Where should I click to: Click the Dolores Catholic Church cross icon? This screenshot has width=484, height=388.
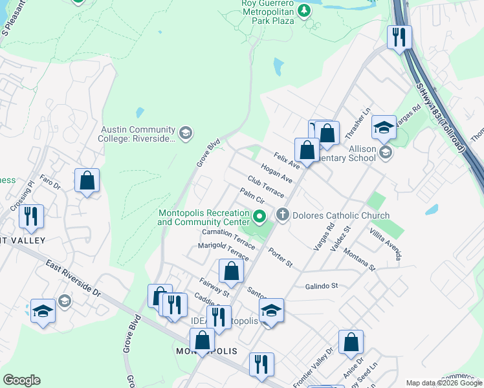coord(283,215)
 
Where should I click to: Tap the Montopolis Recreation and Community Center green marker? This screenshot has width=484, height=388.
coord(259,216)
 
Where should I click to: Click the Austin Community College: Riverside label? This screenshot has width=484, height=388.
coord(137,134)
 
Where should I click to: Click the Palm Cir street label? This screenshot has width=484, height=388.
coord(251,195)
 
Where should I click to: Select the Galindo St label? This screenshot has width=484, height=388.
coord(321,285)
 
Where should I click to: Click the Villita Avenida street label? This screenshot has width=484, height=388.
coord(386,244)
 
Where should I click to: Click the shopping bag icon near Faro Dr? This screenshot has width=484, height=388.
coord(87,182)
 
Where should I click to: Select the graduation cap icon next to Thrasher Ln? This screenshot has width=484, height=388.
coord(384,127)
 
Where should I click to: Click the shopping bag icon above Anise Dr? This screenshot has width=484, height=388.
coord(351,343)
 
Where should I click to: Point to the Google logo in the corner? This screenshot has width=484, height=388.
coord(21,381)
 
